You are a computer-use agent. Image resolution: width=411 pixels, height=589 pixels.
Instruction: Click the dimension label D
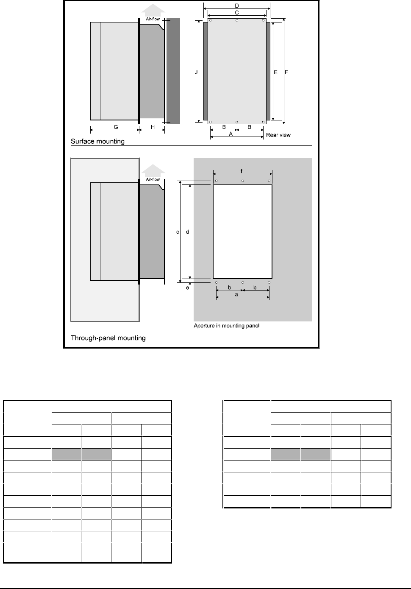(237, 6)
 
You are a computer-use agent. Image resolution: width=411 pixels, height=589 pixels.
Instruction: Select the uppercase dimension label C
(237, 13)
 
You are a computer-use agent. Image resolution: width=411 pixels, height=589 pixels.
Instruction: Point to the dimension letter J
(196, 73)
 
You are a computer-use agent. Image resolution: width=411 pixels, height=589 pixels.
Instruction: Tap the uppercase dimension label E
(275, 73)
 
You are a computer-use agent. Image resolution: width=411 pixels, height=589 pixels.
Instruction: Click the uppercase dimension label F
(286, 73)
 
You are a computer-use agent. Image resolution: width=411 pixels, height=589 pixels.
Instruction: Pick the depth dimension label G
(115, 127)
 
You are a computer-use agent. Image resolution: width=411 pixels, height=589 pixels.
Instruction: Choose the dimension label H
(153, 127)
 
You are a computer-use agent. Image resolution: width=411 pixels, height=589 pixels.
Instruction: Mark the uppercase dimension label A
(230, 134)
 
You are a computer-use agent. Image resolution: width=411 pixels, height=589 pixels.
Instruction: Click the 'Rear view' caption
(278, 135)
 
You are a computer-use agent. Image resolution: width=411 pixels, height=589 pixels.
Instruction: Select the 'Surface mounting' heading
(97, 141)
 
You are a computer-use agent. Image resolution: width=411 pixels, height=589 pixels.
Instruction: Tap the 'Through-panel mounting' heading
(108, 338)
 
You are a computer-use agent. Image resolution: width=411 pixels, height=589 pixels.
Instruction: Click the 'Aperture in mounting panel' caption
(226, 326)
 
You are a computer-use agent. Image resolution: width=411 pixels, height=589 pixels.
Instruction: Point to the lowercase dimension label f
(242, 171)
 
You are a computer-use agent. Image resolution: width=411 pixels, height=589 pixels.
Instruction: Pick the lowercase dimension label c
(178, 232)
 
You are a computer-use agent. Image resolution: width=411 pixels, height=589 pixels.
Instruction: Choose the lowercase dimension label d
(187, 232)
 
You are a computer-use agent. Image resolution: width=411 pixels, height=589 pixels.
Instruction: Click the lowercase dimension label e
(188, 288)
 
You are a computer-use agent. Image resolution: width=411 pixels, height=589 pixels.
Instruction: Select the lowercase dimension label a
(236, 294)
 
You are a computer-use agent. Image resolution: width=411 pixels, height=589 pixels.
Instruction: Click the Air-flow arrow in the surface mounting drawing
(153, 13)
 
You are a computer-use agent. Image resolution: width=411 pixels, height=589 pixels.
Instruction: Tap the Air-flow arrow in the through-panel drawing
(153, 174)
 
